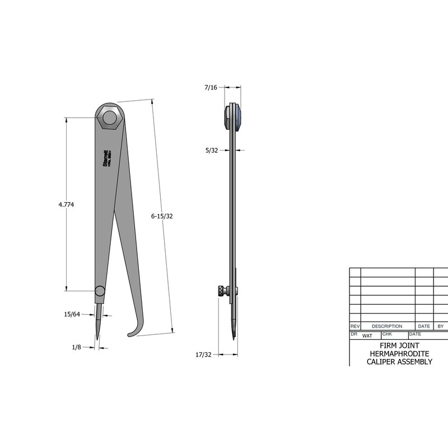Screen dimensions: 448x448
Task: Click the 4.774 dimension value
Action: pyautogui.click(x=66, y=205)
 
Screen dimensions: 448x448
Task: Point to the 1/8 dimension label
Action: pyautogui.click(x=77, y=347)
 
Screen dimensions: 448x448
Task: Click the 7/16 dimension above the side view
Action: pyautogui.click(x=211, y=87)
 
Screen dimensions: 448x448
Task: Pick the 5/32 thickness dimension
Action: pyautogui.click(x=212, y=150)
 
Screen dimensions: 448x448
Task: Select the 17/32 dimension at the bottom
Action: pyautogui.click(x=203, y=354)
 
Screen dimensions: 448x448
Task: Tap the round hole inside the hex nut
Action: pyautogui.click(x=109, y=118)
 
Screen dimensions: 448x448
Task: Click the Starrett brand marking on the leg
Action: pyautogui.click(x=106, y=159)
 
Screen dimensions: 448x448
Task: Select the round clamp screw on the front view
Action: pyautogui.click(x=99, y=291)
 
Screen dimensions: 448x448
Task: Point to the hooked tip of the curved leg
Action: pyautogui.click(x=132, y=334)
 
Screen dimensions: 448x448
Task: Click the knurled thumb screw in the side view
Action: pyautogui.click(x=223, y=291)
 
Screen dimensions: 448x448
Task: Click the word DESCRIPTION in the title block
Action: pyautogui.click(x=387, y=326)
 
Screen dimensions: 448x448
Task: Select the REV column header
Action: pyautogui.click(x=354, y=326)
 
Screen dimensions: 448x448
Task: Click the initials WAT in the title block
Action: pyautogui.click(x=367, y=336)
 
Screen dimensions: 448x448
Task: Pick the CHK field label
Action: pyautogui.click(x=387, y=334)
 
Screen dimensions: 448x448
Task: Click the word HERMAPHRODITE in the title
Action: pyautogui.click(x=399, y=354)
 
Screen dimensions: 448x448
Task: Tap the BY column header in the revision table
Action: pyautogui.click(x=440, y=326)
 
